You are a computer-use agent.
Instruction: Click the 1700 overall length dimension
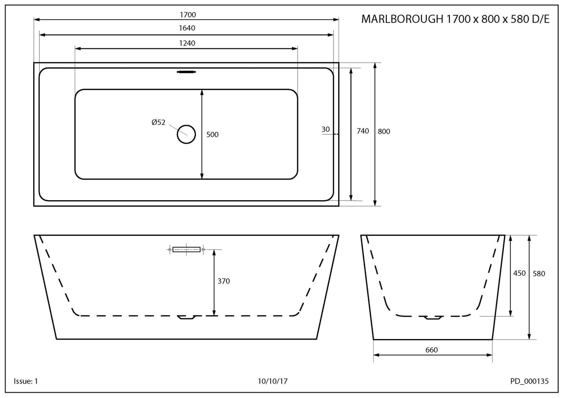(x=187, y=15)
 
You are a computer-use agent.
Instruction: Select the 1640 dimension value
(x=187, y=28)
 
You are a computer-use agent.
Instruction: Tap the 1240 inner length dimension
(x=187, y=43)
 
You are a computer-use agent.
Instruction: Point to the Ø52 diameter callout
(x=159, y=122)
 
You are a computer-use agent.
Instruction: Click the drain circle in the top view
(x=186, y=134)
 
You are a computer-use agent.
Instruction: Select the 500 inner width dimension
(x=212, y=135)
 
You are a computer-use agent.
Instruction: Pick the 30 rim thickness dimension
(x=326, y=129)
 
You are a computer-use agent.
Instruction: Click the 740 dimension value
(x=362, y=131)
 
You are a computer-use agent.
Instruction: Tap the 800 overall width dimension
(x=384, y=132)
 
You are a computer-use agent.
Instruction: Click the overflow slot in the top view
(x=187, y=72)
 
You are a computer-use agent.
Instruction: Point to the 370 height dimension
(x=224, y=281)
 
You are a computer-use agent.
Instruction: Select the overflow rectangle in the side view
(x=187, y=249)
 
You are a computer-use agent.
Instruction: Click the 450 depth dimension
(x=519, y=273)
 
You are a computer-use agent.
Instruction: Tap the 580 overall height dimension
(x=538, y=274)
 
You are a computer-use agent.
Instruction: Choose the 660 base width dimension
(x=431, y=350)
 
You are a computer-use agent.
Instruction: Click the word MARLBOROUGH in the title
(x=402, y=19)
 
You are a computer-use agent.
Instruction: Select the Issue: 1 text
(x=26, y=381)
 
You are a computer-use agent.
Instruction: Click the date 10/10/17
(x=272, y=381)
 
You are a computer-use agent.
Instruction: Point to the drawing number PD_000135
(x=529, y=381)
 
